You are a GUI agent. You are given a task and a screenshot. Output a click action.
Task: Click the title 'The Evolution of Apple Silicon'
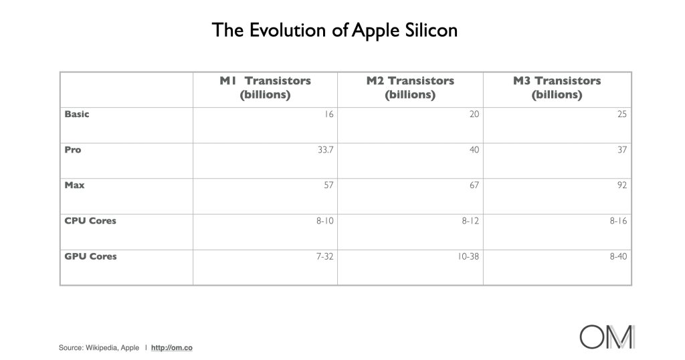[334, 31]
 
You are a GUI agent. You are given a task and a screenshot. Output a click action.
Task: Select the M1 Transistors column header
[265, 88]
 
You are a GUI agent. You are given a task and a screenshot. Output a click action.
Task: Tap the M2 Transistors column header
[410, 88]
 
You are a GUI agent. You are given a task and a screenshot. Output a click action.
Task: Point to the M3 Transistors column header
[557, 88]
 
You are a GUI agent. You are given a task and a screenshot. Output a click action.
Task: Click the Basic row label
[77, 114]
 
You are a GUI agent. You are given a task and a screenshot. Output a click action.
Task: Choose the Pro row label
[73, 150]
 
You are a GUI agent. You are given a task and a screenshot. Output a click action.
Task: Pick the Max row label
[75, 185]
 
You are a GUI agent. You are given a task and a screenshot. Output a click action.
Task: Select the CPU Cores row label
[90, 221]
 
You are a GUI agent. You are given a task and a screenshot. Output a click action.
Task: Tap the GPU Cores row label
[91, 256]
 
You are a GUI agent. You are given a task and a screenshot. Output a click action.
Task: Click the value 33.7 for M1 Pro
[326, 150]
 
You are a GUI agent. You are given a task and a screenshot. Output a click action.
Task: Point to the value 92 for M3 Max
[622, 185]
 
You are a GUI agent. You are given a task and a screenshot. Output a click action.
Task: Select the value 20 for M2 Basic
[474, 114]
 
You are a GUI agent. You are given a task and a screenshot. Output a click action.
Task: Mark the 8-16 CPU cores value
[619, 221]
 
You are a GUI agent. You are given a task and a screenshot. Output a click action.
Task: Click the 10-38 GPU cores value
[468, 256]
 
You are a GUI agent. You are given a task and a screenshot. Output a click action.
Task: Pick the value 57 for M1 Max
[328, 185]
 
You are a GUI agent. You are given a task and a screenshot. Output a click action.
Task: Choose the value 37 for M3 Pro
[622, 150]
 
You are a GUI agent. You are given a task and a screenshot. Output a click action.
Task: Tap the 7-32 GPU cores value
[325, 256]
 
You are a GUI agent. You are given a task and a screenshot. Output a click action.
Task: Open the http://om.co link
[172, 348]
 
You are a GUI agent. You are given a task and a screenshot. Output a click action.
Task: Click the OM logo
[607, 337]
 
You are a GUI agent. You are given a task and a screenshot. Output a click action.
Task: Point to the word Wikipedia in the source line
[102, 348]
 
